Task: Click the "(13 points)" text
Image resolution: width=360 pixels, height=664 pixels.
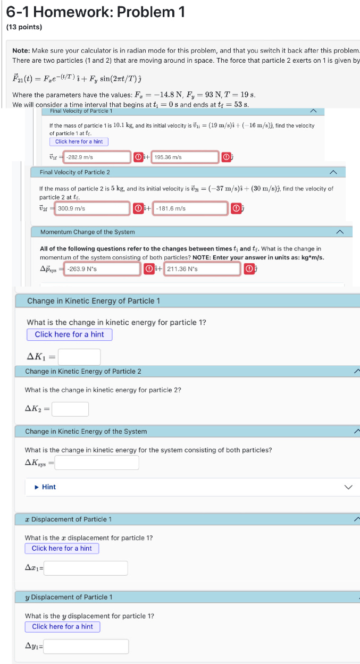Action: pos(24,27)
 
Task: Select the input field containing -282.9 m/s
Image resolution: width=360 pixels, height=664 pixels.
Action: pos(98,157)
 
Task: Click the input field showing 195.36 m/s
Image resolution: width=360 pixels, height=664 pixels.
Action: pos(185,157)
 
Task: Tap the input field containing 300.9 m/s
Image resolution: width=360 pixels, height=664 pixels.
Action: pos(93,208)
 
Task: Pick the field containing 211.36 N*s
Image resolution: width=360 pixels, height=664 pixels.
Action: pos(202,269)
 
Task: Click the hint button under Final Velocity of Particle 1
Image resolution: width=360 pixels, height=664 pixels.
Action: pos(79,142)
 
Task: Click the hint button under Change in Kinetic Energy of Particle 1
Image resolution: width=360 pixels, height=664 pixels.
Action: pos(69,334)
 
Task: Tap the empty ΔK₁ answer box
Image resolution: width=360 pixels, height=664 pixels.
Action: pos(79,357)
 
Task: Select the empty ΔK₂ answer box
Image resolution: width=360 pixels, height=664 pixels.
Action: pos(70,409)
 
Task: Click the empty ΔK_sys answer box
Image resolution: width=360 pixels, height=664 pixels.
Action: pos(97,463)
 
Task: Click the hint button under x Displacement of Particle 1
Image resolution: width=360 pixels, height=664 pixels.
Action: pos(62,548)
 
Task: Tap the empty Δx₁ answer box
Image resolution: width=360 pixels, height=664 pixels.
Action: pos(86,568)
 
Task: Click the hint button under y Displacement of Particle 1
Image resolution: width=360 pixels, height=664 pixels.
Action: pos(62,626)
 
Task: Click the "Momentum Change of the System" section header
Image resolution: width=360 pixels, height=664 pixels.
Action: pos(88,232)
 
